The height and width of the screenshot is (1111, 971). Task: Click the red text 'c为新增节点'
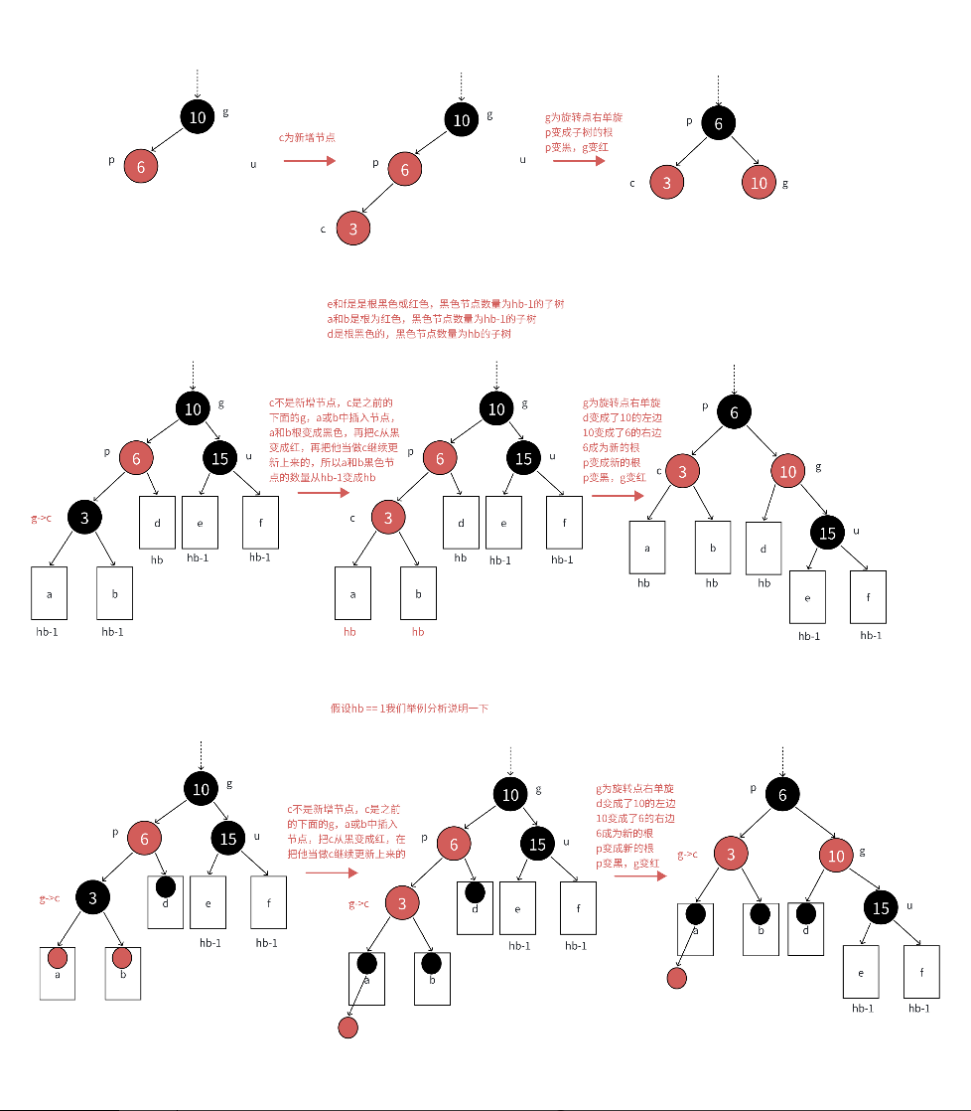coord(307,137)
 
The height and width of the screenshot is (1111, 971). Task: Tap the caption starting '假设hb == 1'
coord(409,709)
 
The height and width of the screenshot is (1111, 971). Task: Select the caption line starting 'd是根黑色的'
coord(419,335)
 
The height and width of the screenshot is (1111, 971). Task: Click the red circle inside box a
coord(58,958)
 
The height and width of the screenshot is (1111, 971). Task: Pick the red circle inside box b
coord(122,958)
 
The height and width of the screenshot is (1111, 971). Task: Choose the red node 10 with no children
coord(759,183)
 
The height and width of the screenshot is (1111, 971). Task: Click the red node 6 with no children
coord(141,167)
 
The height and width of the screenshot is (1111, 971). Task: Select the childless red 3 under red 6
coord(352,229)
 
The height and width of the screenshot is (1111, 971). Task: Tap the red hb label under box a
coord(349,631)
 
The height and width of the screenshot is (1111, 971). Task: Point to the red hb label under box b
coord(417,631)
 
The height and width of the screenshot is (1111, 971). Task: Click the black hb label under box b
coord(711,582)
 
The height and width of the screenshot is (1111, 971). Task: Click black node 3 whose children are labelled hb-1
coord(85,517)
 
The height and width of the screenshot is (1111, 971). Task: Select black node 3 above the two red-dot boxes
coord(92,898)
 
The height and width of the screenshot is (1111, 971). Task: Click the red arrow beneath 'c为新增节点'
coord(307,158)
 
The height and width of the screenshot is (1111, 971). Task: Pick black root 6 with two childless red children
coord(718,122)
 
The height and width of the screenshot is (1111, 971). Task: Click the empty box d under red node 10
coord(763,548)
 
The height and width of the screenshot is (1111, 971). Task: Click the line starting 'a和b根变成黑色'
coord(332,433)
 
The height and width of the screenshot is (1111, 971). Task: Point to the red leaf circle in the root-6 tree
coord(677,978)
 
